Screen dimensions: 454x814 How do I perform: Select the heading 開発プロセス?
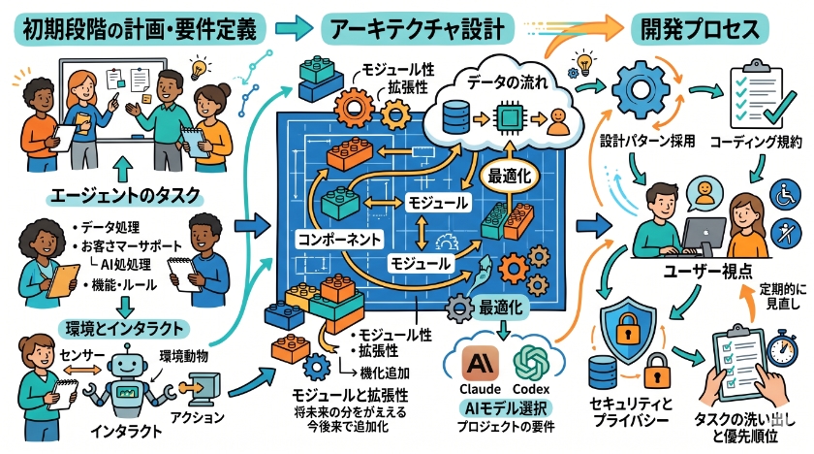(695, 28)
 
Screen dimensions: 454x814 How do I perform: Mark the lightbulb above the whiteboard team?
(200, 68)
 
